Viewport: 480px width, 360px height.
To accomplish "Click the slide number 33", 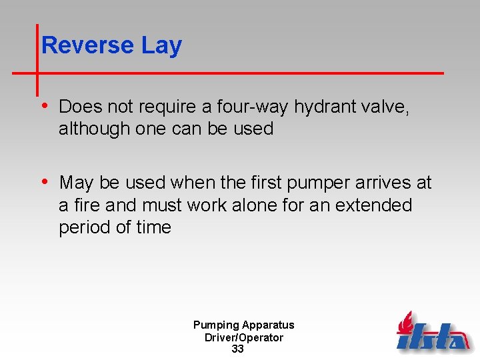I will [237, 349].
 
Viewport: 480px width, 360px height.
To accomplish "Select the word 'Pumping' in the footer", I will [216, 325].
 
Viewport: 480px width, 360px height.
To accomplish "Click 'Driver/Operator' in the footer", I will [243, 337].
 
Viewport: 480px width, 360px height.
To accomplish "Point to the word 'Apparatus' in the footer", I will [268, 325].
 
